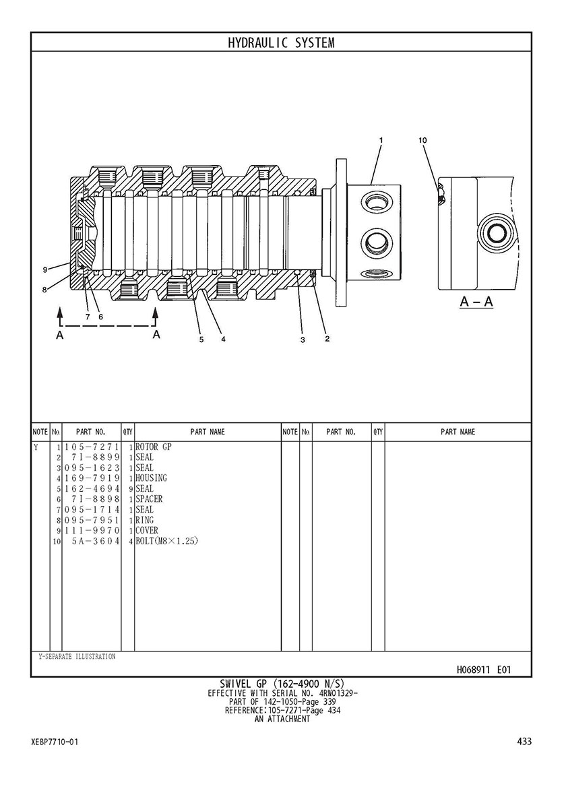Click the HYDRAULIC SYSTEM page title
[281, 43]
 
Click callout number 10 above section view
[422, 141]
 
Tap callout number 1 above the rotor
[381, 140]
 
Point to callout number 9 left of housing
[45, 269]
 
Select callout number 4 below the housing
[223, 339]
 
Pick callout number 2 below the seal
[327, 339]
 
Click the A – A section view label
[476, 301]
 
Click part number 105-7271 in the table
[92, 447]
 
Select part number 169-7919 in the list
[92, 478]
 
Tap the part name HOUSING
[151, 478]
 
